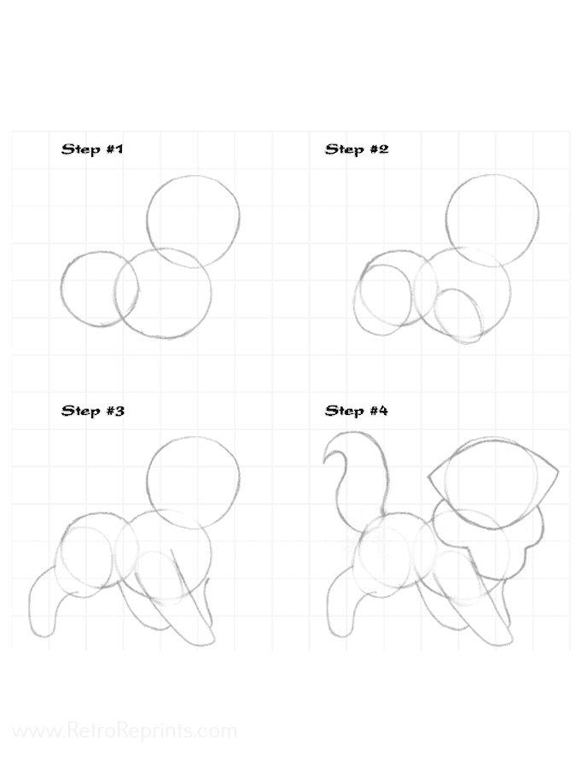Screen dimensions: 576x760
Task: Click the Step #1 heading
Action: [92, 149]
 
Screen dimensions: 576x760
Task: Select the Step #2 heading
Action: [357, 149]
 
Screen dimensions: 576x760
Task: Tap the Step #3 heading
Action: [92, 411]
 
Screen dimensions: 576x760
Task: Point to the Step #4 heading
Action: [356, 411]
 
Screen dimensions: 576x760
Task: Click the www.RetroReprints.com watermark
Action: [125, 730]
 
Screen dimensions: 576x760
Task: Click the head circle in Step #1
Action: [148, 221]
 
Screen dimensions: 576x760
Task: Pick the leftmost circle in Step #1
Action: [61, 289]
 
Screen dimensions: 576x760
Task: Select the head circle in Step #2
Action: [446, 219]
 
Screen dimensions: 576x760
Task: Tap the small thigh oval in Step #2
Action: [434, 315]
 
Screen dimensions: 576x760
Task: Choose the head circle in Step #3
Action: [147, 482]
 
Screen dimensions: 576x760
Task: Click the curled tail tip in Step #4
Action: [324, 463]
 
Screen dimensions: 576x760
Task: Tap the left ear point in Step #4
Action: [428, 477]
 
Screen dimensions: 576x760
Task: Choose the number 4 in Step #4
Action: [382, 411]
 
